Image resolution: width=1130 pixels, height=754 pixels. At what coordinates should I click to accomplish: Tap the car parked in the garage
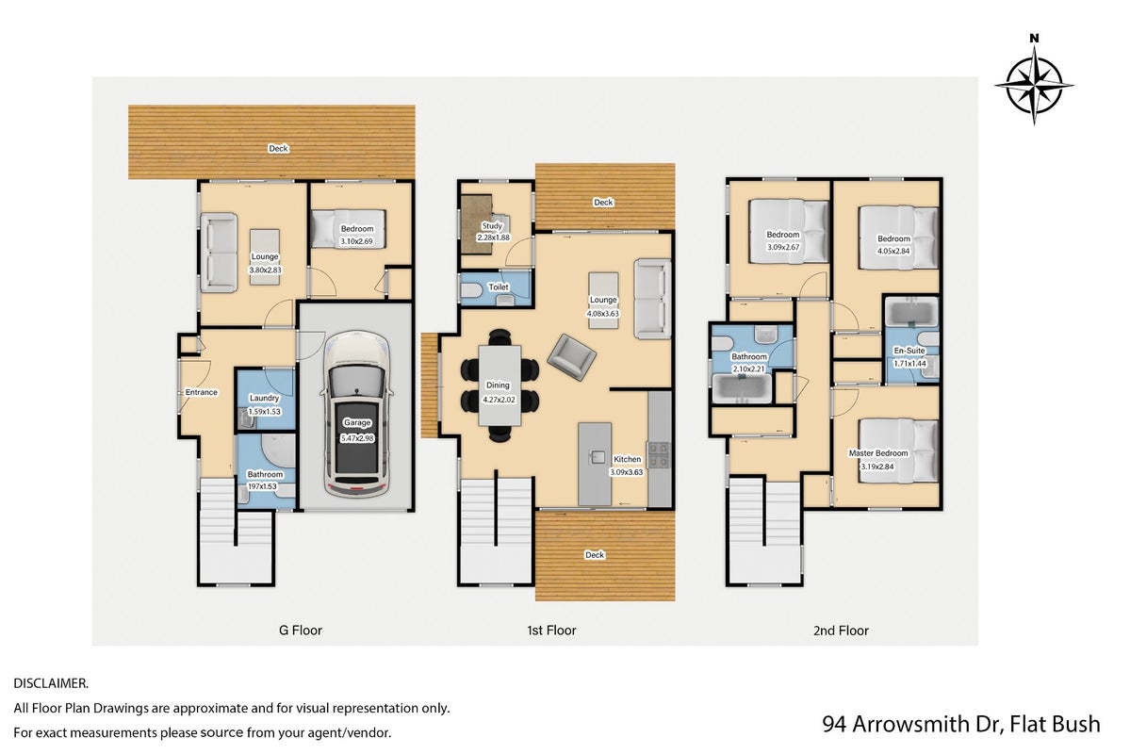click(357, 414)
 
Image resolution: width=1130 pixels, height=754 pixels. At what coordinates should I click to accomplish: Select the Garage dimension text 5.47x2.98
click(357, 437)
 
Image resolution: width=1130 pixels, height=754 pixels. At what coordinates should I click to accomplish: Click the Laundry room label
click(265, 398)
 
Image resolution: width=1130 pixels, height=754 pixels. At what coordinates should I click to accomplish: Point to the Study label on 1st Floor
click(492, 225)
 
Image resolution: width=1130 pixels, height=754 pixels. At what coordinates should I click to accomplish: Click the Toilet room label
click(499, 287)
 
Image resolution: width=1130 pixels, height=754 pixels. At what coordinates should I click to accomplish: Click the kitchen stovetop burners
click(658, 454)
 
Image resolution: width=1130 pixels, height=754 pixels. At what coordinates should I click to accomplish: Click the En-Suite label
click(909, 351)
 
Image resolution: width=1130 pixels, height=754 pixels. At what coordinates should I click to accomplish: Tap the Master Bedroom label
click(878, 453)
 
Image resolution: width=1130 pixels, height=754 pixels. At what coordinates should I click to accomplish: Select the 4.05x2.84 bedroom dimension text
click(893, 251)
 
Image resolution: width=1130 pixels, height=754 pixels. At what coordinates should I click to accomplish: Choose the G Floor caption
click(301, 630)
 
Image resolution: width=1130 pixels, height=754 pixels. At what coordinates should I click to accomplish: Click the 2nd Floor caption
click(841, 630)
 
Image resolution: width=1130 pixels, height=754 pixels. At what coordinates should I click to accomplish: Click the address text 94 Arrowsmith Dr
click(912, 724)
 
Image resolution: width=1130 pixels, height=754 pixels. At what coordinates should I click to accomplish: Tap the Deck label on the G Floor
click(278, 149)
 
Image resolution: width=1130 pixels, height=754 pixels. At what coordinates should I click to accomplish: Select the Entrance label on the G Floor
click(201, 392)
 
